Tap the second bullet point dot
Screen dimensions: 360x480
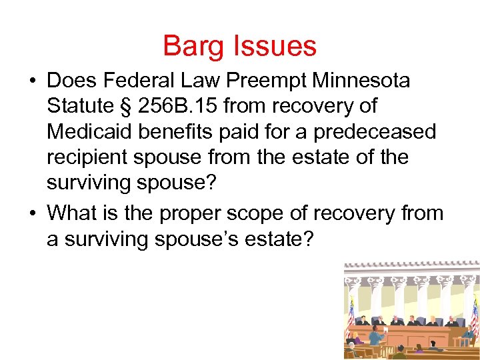(32, 213)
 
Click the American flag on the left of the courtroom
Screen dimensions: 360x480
(351, 314)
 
